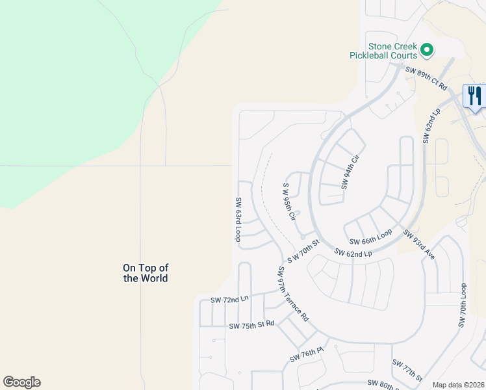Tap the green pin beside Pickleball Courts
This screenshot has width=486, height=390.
pyautogui.click(x=427, y=49)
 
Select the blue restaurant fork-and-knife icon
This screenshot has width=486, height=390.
pyautogui.click(x=474, y=96)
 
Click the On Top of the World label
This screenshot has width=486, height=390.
pyautogui.click(x=146, y=273)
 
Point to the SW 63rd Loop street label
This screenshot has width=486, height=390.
pyautogui.click(x=238, y=220)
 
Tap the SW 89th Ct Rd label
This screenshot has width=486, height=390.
pyautogui.click(x=427, y=78)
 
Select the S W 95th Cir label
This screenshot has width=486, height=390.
pyautogui.click(x=289, y=200)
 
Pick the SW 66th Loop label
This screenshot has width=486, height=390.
pyautogui.click(x=371, y=233)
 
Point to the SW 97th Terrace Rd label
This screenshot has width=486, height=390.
pyautogui.click(x=292, y=294)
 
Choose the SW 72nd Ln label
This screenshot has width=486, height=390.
pyautogui.click(x=229, y=300)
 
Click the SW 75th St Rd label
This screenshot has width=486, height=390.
pyautogui.click(x=251, y=325)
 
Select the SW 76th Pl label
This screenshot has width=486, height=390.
pyautogui.click(x=307, y=355)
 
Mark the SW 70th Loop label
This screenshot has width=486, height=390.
pyautogui.click(x=463, y=305)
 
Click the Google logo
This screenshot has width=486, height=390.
pyautogui.click(x=21, y=382)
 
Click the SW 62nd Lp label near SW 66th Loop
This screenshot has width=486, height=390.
pyautogui.click(x=353, y=252)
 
